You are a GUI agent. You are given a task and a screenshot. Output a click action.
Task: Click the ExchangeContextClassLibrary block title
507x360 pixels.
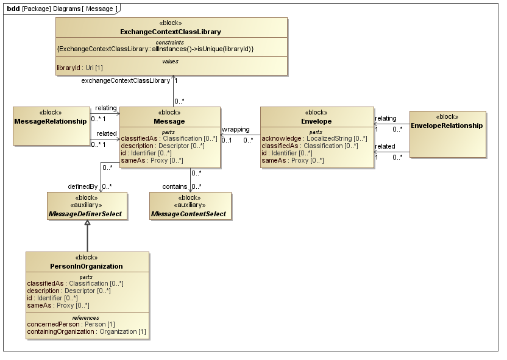coord(170,32)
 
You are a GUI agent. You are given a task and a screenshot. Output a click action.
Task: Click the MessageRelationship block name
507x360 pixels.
coord(50,121)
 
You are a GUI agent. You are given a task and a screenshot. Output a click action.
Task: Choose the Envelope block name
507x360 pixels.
coord(316,121)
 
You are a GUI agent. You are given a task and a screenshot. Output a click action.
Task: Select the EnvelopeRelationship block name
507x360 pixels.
coord(447,125)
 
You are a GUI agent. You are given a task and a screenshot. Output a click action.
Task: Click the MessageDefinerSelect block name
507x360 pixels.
coord(87,214)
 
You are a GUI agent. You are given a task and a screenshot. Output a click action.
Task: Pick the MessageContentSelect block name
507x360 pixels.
coord(190,214)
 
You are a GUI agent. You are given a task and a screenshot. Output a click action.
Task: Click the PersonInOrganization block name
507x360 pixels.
coord(87,266)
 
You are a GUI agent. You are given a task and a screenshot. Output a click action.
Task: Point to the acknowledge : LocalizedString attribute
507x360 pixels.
coord(314,139)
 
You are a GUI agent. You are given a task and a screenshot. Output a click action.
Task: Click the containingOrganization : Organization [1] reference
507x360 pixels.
coord(87,332)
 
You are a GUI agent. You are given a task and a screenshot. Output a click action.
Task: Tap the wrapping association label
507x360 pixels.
coord(235,129)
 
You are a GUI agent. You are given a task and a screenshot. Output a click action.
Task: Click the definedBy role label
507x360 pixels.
coord(83,186)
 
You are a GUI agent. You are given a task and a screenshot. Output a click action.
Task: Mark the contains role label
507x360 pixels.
coord(174,186)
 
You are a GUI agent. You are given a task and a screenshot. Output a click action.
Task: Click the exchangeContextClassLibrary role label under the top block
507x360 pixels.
coord(126,80)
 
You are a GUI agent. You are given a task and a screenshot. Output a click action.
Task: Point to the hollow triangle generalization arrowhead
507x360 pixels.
coord(87,224)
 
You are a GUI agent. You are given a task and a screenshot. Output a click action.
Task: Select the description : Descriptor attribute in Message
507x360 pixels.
coord(162,146)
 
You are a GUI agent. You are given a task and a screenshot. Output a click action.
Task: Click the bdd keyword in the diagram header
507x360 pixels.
coord(13,8)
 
